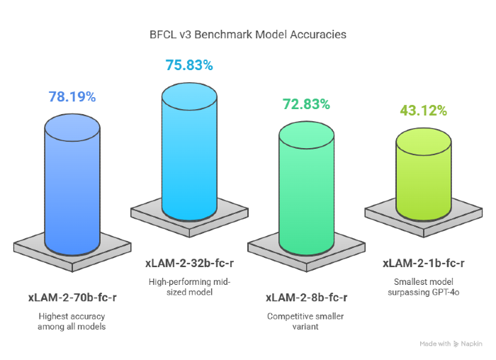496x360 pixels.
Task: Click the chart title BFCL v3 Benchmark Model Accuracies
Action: coord(247,34)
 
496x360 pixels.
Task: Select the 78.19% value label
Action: coord(72,96)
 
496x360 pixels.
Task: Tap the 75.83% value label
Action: coord(188,65)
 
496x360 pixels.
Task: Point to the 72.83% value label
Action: coord(306,104)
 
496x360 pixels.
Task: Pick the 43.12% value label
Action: coord(423,111)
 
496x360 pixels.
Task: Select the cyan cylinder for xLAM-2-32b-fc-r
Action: coord(189,152)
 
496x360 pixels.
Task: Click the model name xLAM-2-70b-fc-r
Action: coord(72,296)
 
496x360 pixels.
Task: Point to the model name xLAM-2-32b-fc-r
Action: coord(189,263)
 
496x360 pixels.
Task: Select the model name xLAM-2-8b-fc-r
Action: coord(306,297)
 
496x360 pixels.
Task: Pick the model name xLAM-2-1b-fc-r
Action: coord(423,263)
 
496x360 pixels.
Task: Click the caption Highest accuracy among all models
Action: coord(72,320)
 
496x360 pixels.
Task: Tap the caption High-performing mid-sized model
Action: coord(189,287)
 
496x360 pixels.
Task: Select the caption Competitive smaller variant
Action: coord(306,321)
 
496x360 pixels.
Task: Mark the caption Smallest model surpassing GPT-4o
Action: coord(423,287)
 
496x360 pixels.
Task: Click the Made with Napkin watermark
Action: coord(451,344)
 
